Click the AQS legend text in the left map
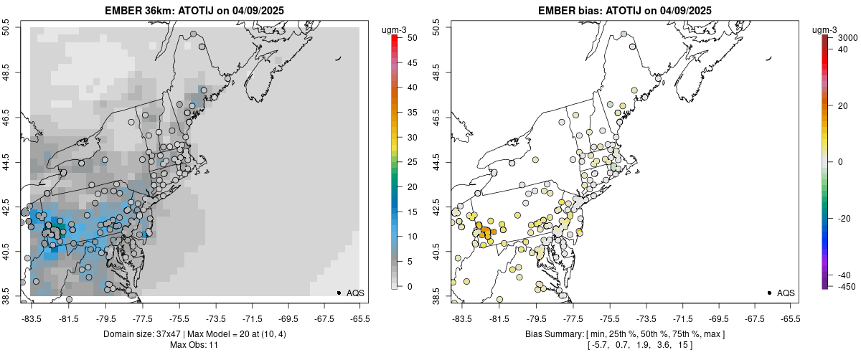355,293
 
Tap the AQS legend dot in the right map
769,293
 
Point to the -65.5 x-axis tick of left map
359,318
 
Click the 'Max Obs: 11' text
194,346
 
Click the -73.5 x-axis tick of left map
217,318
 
